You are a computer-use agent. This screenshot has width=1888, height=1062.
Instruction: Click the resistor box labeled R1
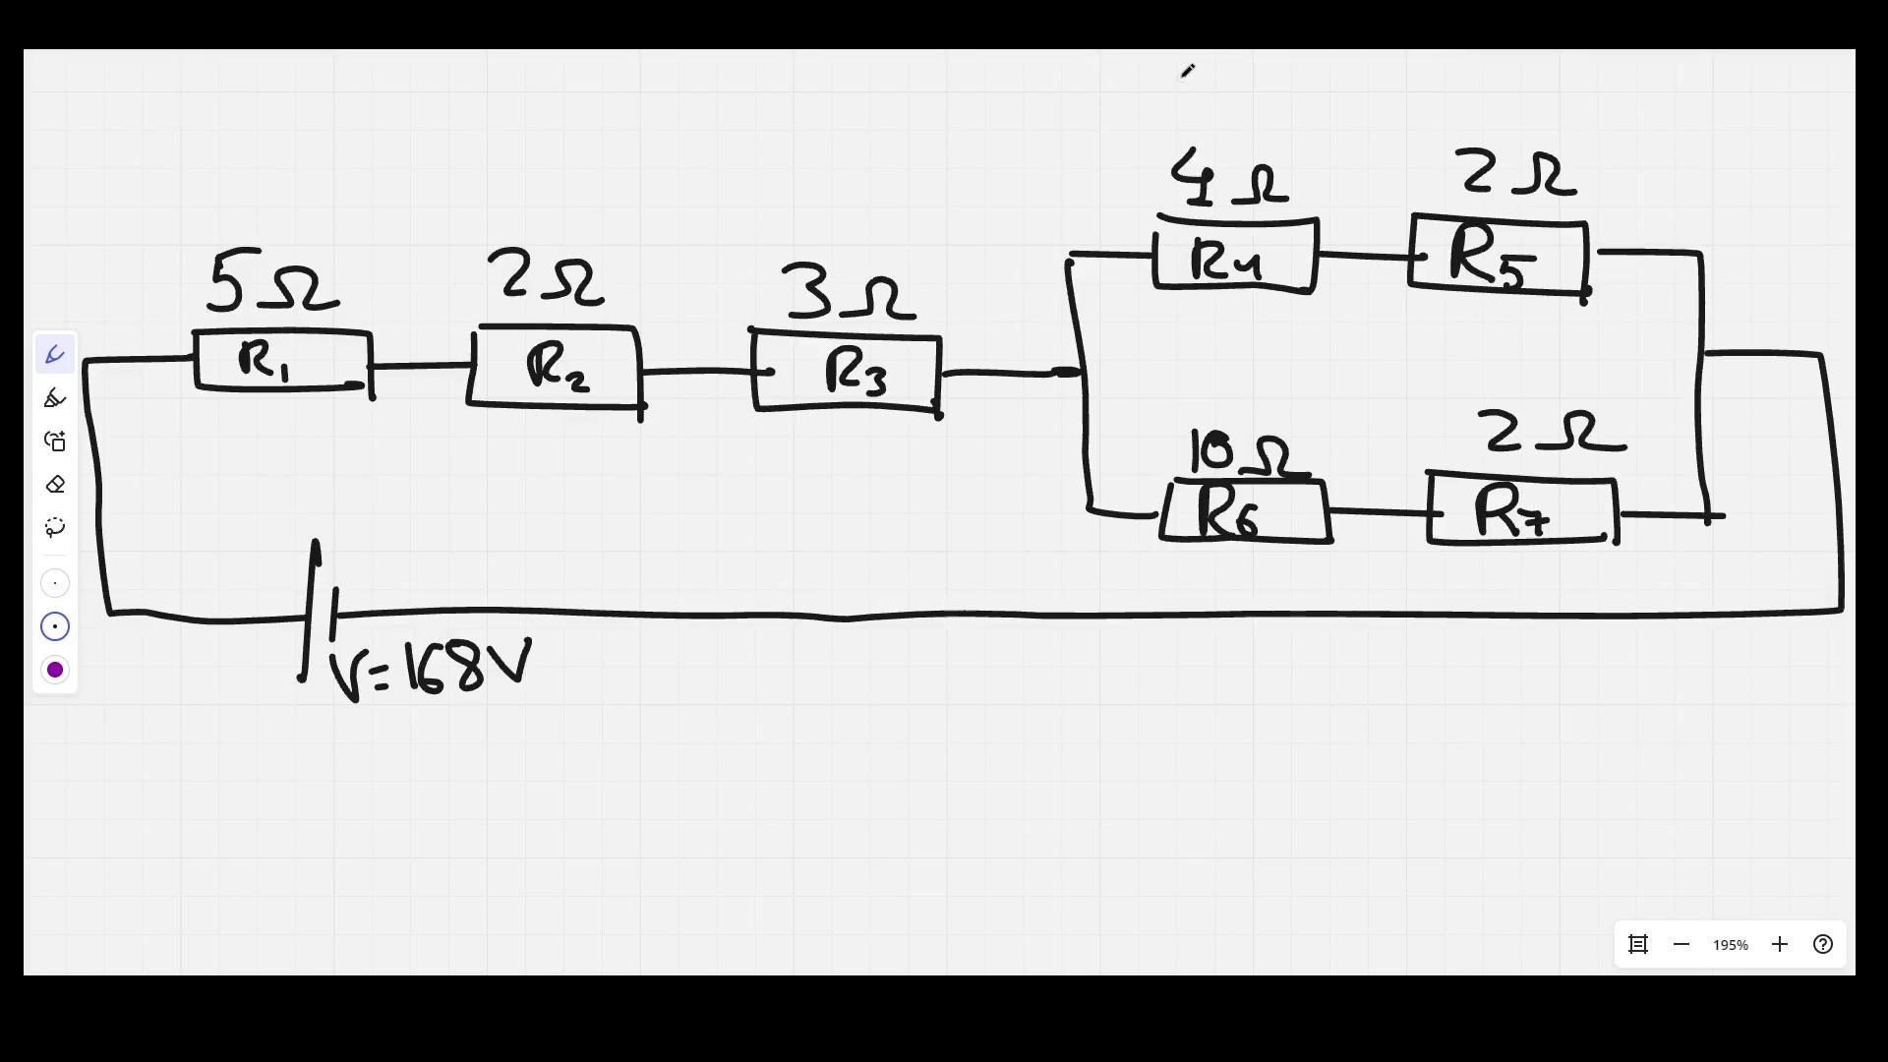[x=283, y=361]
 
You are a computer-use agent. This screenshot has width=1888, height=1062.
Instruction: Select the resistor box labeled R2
[x=556, y=367]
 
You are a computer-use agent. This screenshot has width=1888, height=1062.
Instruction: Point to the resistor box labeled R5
[x=1498, y=256]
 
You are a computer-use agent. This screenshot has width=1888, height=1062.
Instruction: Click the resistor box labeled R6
[x=1245, y=511]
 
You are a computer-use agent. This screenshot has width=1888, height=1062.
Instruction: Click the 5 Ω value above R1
[x=273, y=282]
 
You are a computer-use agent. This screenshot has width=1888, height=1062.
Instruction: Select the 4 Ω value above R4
[x=1228, y=178]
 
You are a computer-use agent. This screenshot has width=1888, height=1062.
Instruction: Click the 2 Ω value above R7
[x=1551, y=432]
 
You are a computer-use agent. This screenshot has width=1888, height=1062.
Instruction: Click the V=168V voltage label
[x=431, y=670]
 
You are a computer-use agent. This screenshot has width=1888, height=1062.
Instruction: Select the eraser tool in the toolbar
[x=55, y=485]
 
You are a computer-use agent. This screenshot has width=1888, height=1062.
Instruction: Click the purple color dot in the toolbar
[x=55, y=671]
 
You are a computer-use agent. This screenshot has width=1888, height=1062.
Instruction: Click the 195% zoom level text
[x=1730, y=945]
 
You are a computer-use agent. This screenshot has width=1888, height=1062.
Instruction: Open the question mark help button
[x=1823, y=945]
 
